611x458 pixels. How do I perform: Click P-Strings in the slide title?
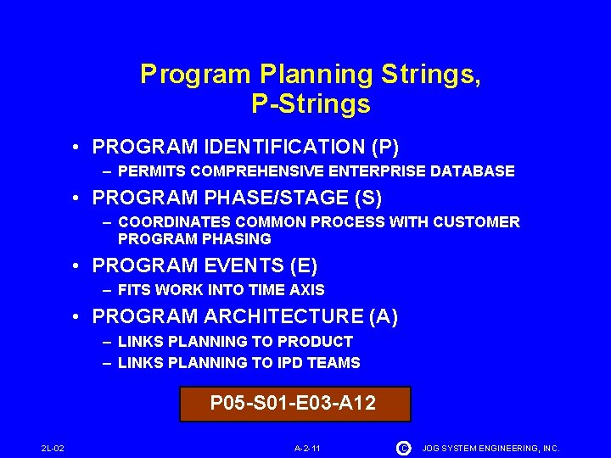coord(311,103)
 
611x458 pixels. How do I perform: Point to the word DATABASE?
coord(476,171)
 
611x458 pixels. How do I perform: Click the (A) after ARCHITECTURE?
coord(384,316)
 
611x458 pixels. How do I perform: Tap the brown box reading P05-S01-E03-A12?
coord(294,404)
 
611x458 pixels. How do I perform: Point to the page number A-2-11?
coord(307,448)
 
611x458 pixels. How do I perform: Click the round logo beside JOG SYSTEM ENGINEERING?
coord(402,448)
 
